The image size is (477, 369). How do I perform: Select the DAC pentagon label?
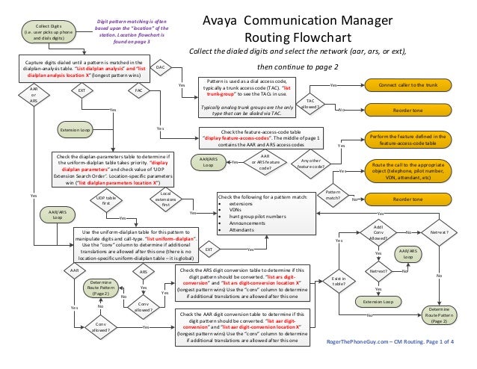coord(159,68)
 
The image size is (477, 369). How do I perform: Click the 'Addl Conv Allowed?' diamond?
coord(378,232)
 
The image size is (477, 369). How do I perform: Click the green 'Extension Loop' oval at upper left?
coord(75,131)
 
